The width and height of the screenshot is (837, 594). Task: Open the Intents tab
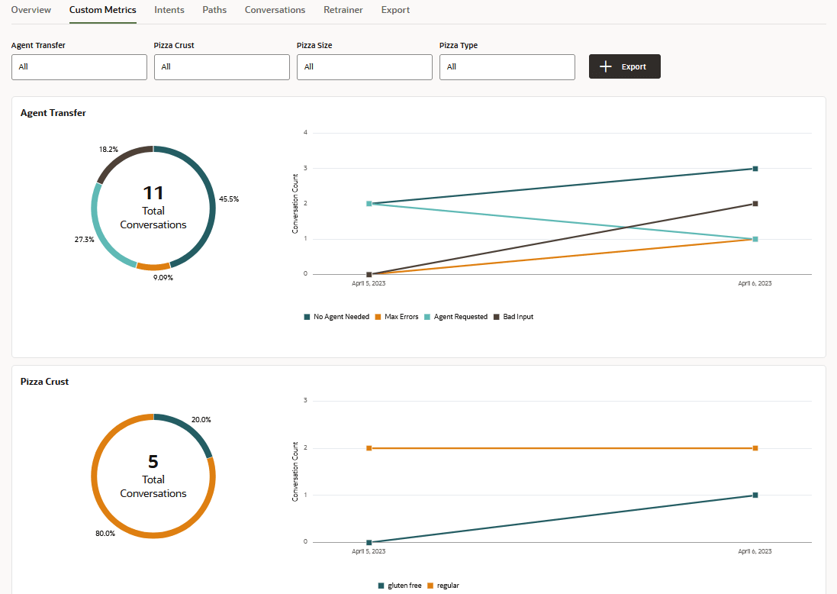(169, 10)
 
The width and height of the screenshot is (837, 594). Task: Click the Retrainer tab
(343, 10)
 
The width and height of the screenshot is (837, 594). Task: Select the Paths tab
(214, 10)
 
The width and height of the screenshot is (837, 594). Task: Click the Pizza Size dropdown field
(364, 67)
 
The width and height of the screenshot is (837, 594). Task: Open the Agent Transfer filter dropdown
(79, 67)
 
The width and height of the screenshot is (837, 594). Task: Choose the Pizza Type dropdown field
(507, 67)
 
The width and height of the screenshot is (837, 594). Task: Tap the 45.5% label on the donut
(229, 199)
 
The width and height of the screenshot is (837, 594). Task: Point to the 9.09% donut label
(163, 278)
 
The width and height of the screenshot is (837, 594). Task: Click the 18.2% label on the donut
(108, 150)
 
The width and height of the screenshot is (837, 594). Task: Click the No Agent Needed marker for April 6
(755, 169)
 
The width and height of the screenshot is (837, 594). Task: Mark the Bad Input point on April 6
(755, 204)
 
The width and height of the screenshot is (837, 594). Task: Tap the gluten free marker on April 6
(755, 496)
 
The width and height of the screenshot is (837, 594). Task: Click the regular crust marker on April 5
(369, 448)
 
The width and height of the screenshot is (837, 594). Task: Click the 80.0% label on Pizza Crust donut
(105, 534)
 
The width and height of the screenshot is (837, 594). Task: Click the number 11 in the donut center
(153, 193)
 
